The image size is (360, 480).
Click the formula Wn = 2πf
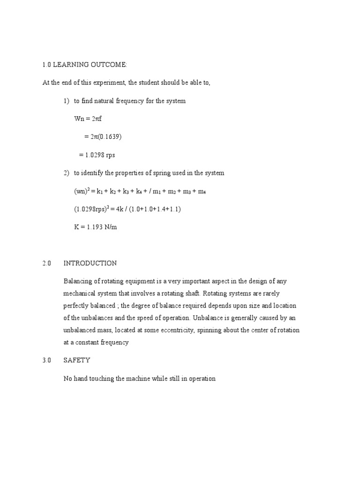88,119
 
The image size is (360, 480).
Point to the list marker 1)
67,101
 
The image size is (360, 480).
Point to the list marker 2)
67,173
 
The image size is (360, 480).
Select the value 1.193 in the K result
97,227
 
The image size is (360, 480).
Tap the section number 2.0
46,263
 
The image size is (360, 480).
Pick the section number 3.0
46,360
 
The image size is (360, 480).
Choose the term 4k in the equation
117,209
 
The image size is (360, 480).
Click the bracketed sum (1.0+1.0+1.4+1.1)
154,209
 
